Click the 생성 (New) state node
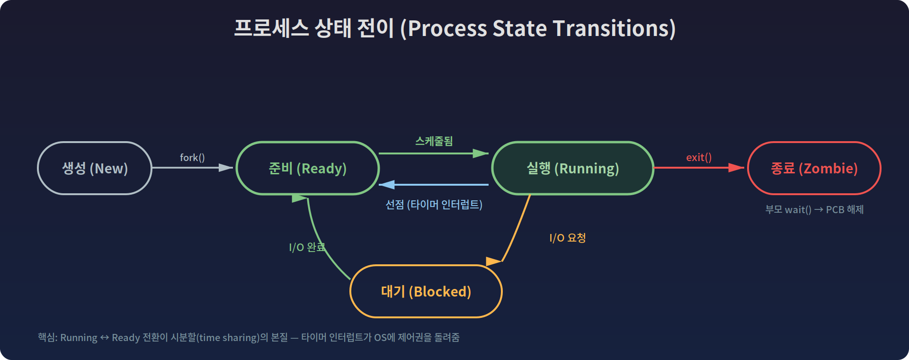click(95, 168)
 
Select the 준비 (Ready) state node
click(308, 168)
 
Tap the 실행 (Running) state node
click(573, 168)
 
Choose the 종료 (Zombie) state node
click(814, 168)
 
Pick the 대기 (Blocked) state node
click(426, 291)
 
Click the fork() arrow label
click(192, 157)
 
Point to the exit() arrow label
click(699, 157)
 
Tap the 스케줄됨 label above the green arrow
click(434, 141)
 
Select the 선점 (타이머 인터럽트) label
click(434, 205)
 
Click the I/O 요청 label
click(567, 238)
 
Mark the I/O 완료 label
click(307, 247)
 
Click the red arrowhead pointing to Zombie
click(736, 168)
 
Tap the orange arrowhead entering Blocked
click(493, 261)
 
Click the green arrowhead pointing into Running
click(481, 153)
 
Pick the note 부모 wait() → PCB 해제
click(814, 209)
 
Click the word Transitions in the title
click(614, 28)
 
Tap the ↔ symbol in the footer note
click(105, 338)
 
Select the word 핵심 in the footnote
click(46, 337)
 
